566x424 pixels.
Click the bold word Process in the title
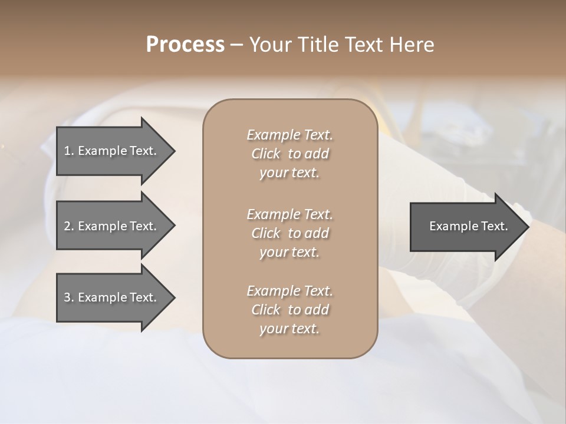pos(185,45)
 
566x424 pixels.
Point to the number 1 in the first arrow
pos(67,151)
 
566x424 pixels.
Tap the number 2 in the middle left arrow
pos(67,226)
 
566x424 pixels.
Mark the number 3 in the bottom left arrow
pos(67,297)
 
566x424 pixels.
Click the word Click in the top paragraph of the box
pos(266,154)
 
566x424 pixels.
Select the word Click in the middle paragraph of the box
pos(266,233)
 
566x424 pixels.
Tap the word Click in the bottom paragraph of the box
pos(266,310)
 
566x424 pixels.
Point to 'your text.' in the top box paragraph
pos(289,173)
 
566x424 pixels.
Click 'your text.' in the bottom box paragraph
pos(289,329)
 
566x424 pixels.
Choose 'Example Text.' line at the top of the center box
pos(289,135)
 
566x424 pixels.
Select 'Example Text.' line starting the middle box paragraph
pos(289,214)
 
